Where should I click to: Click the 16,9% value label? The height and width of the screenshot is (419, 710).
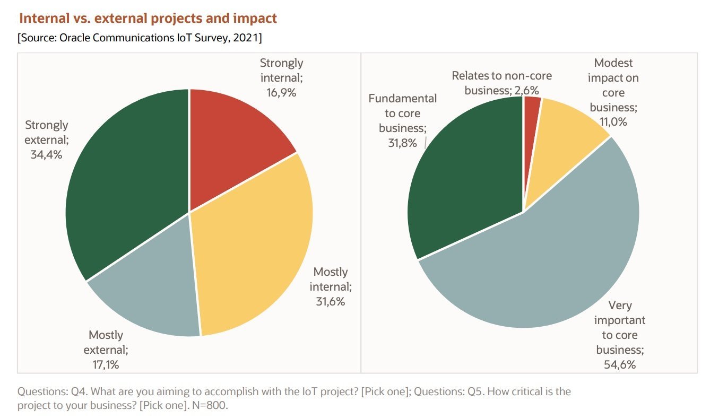pos(281,93)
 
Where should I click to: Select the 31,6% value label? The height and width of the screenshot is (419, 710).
pos(330,302)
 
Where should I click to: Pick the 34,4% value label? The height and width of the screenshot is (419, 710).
pos(46,155)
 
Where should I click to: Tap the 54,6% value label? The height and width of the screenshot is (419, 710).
pos(620,364)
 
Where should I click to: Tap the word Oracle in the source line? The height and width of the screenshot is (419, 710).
pos(70,38)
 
